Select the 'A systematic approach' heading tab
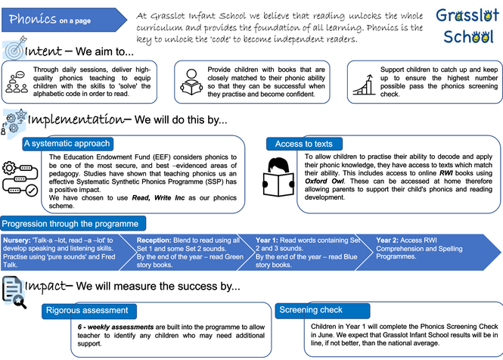pos(67,143)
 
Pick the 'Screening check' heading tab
pos(310,310)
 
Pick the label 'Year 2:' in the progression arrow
pos(388,239)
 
